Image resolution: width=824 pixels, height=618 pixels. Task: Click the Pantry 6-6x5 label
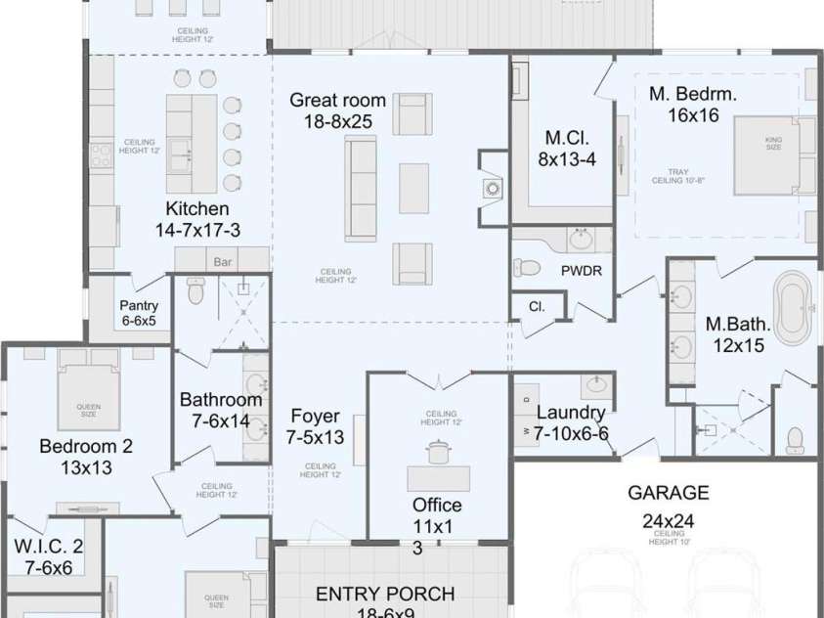tap(138, 313)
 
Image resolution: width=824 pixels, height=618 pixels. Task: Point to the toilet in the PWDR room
tap(528, 267)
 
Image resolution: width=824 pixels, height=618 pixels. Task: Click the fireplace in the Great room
tap(492, 187)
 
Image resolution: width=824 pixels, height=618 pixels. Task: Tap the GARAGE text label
tap(668, 493)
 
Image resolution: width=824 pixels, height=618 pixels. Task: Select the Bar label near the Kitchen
tap(222, 261)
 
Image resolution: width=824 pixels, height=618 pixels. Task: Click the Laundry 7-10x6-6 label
tap(571, 422)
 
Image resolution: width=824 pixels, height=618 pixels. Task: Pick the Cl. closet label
tap(536, 306)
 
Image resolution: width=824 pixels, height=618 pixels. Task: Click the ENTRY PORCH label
tap(384, 594)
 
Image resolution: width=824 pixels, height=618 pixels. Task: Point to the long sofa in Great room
tap(361, 188)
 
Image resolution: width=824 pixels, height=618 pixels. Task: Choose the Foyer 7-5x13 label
tap(315, 427)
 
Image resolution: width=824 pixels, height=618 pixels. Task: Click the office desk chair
tap(437, 452)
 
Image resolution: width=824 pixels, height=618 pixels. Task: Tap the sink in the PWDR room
tap(581, 239)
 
